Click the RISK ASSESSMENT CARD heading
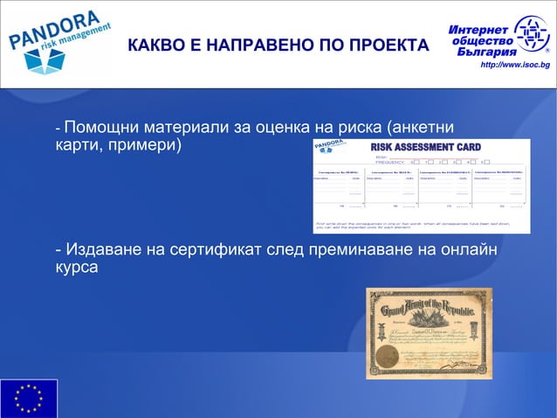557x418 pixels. pos(425,147)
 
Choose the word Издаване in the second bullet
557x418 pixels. pos(101,252)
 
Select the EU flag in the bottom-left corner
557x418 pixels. pos(29,398)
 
